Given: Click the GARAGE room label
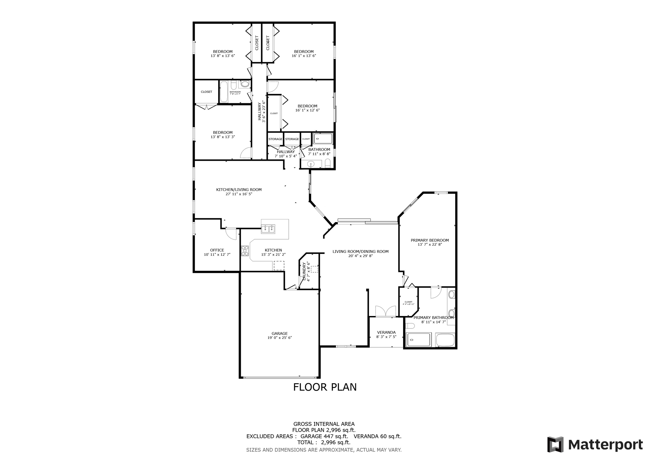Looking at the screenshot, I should point(279,333).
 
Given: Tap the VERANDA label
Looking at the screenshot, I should point(386,332).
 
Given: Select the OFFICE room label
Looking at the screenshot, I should point(217,250).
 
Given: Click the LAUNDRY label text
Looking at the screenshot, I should point(304,271).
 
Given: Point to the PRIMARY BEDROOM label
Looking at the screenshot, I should point(430,240).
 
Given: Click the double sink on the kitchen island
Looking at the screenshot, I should point(268,229).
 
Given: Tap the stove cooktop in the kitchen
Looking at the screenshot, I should point(245,251).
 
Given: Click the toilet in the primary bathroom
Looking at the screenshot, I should point(410,326).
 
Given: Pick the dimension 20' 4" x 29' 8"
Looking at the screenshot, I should point(360,256).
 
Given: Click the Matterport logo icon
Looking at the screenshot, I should point(555,444).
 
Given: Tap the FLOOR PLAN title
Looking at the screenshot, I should point(325,387).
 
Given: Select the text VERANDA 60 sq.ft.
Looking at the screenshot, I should point(377,436).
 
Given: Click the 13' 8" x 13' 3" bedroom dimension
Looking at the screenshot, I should point(222,137).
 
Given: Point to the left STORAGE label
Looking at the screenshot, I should point(275,139).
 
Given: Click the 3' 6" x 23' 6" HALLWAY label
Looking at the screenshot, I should point(261,111).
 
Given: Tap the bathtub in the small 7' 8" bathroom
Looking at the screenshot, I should point(224,92).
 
